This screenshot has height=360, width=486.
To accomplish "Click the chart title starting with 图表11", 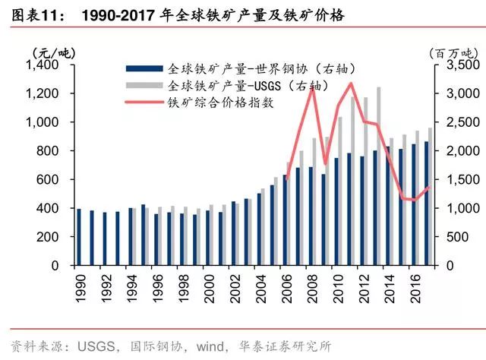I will coord(175,15).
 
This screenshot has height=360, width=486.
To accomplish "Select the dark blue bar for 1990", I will coord(78,237).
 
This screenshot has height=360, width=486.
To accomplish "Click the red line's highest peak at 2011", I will coord(350,83).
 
